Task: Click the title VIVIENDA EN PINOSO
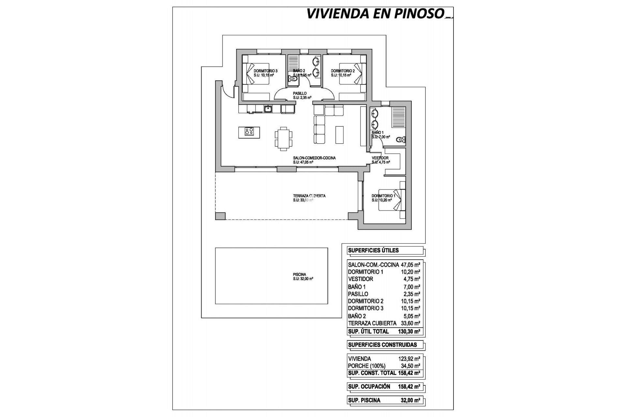375,14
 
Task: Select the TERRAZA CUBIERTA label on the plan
309,196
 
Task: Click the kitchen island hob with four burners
249,132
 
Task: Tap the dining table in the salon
284,138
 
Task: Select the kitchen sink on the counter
268,109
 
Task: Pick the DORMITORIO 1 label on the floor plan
383,196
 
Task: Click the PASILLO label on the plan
300,93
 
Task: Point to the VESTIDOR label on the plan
380,158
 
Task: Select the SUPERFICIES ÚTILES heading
373,251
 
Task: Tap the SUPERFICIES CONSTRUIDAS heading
382,345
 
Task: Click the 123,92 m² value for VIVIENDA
409,359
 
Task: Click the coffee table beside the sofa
339,135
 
